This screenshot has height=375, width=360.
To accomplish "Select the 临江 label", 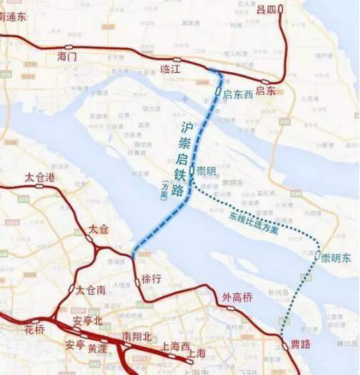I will click(171, 69).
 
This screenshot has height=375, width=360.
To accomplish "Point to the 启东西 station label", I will click(238, 94).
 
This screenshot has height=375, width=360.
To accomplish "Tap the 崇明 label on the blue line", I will click(207, 170).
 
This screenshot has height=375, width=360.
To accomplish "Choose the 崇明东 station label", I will click(337, 258).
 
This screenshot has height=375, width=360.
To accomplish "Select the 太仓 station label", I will click(97, 229).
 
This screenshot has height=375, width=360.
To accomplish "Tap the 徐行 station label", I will click(151, 279).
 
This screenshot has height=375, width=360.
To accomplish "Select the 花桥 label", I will click(34, 328).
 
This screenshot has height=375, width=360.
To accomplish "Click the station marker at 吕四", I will click(281, 8).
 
